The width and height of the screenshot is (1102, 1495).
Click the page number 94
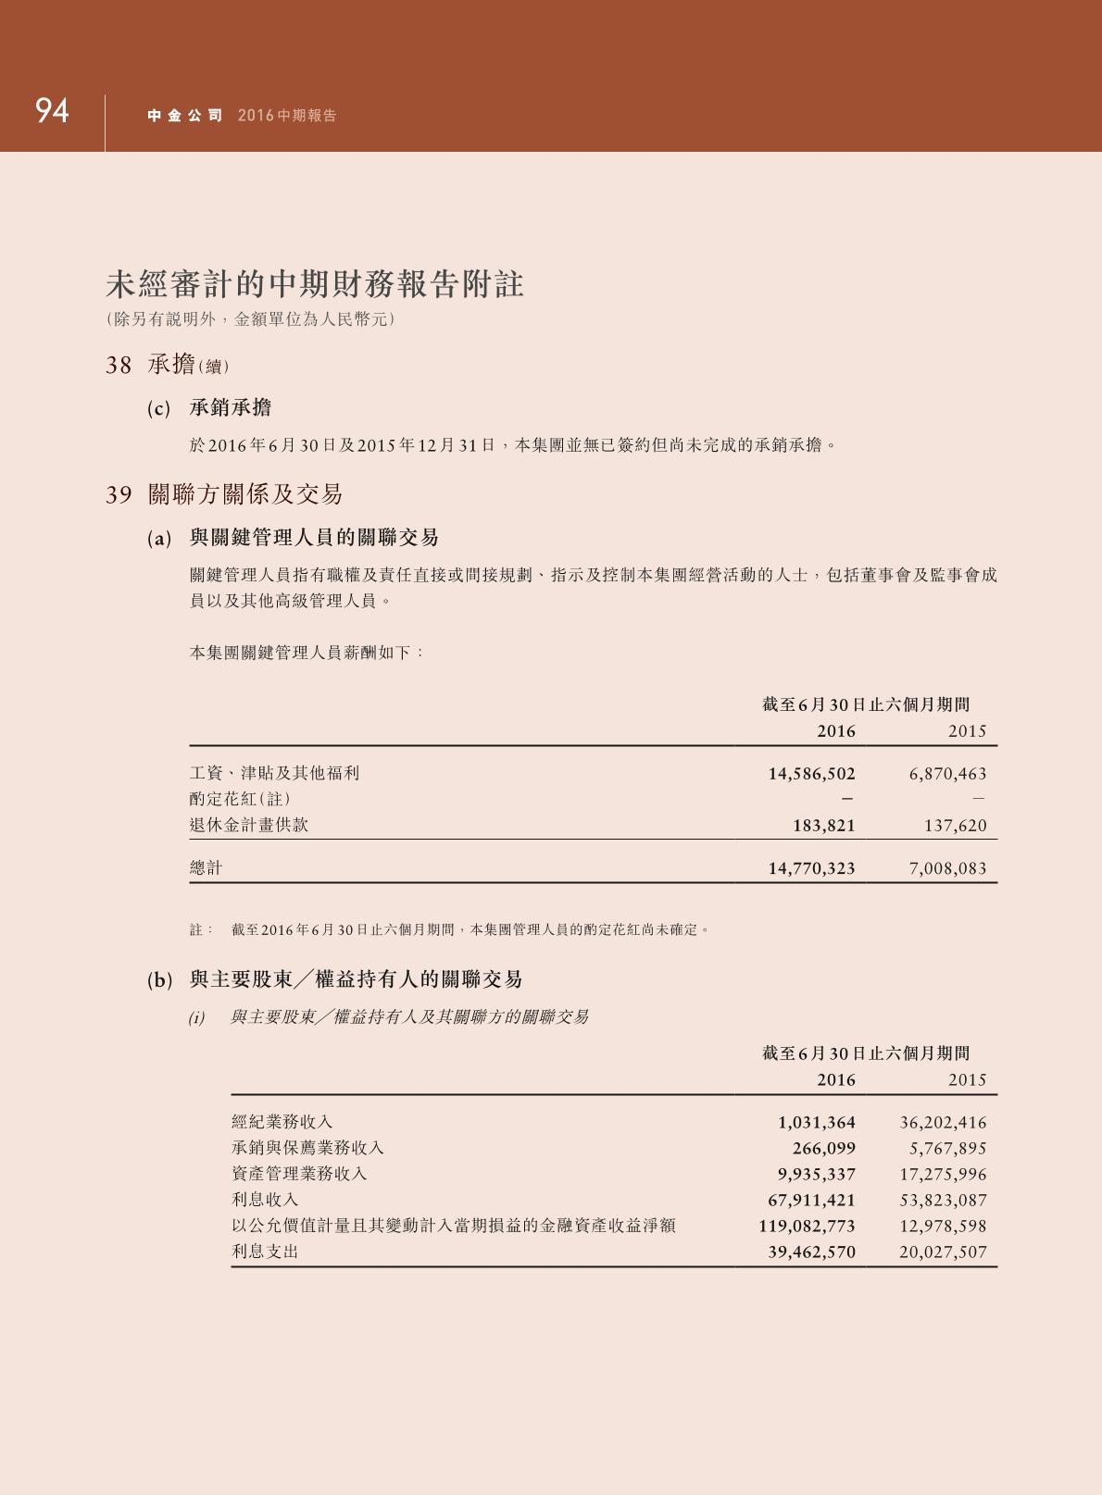52,111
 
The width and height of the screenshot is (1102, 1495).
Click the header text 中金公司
185,116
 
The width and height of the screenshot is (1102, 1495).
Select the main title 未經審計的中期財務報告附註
315,284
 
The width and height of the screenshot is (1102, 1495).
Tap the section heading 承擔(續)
188,366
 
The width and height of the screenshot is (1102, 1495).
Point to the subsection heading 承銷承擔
231,408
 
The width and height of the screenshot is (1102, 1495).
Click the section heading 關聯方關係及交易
245,494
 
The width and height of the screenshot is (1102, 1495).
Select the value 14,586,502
811,774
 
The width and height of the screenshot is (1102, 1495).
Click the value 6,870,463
947,774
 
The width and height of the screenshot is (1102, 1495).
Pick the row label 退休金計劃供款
249,825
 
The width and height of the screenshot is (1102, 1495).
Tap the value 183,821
823,826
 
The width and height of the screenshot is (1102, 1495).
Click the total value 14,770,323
811,868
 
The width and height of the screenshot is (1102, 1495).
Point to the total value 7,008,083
947,868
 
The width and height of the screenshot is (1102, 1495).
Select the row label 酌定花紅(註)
240,799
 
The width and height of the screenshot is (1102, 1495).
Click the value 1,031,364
816,1123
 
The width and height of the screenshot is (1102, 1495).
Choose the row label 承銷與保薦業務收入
307,1148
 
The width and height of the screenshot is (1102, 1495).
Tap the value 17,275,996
943,1175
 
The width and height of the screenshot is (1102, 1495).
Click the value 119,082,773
807,1227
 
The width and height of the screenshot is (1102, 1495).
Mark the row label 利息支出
265,1252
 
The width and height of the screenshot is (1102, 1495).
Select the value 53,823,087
943,1201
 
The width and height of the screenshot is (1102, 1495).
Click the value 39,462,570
811,1252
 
